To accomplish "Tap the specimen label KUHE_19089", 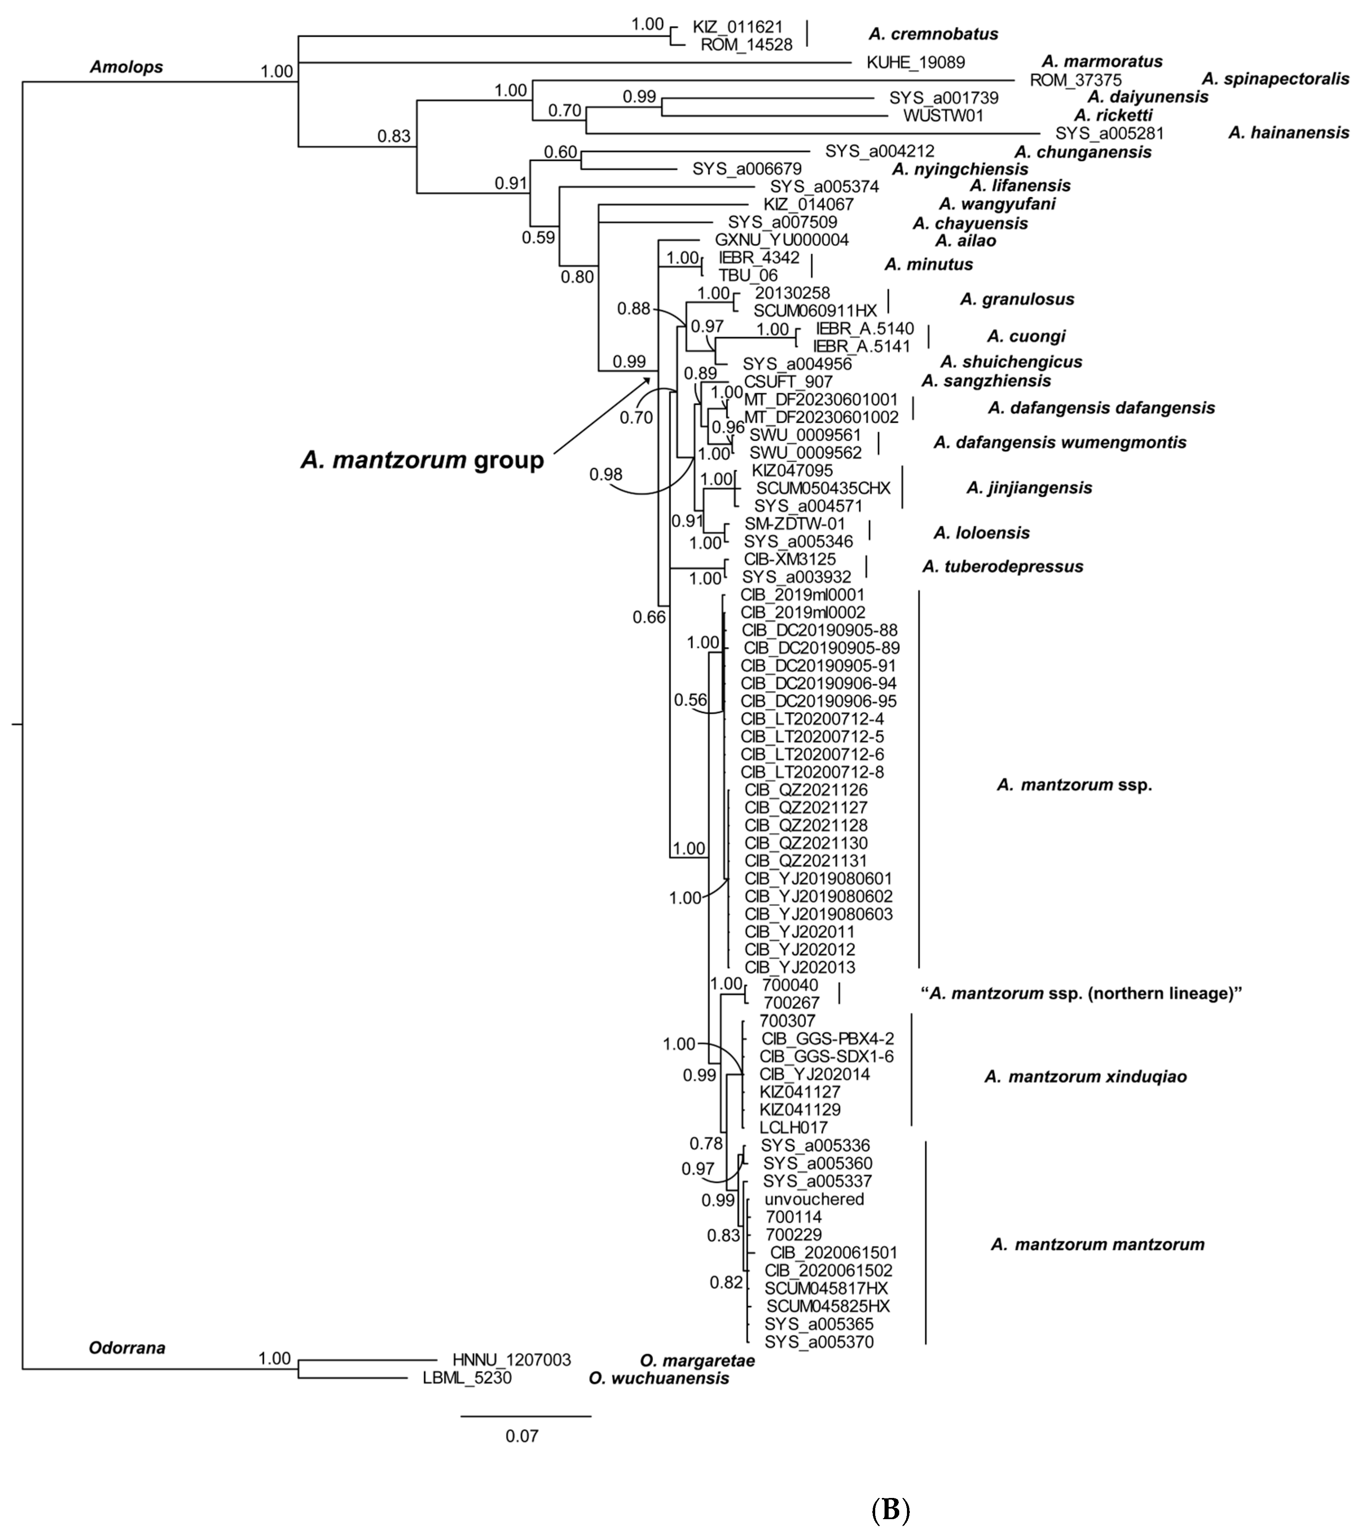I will [916, 62].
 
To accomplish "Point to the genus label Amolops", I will [127, 67].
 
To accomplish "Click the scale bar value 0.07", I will [522, 1436].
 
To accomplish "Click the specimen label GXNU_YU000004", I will [782, 240].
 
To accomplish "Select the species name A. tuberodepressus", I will [1003, 567].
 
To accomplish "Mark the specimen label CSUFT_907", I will [788, 381].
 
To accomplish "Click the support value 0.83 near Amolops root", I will [395, 136].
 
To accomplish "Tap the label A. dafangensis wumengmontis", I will [1060, 442].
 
